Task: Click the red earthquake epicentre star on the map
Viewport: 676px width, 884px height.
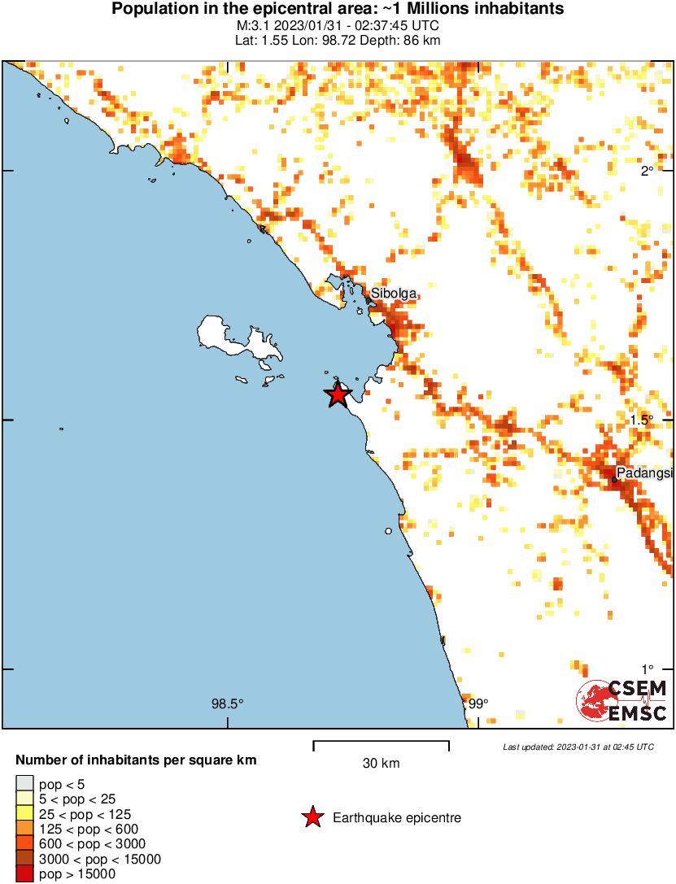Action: [x=338, y=394]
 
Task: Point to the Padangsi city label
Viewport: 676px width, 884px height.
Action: [x=644, y=472]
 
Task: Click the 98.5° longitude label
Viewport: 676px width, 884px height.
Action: [x=227, y=704]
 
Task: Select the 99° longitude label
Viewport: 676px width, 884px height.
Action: [x=478, y=704]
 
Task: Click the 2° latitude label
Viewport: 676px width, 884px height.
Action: [x=647, y=171]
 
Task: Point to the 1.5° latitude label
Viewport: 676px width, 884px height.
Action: [x=643, y=420]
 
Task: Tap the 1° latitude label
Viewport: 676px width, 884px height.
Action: [x=647, y=668]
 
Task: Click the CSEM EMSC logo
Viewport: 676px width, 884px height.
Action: [x=622, y=701]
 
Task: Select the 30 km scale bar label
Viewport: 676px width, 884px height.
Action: [x=381, y=764]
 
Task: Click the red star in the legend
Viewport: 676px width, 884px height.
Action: [x=312, y=817]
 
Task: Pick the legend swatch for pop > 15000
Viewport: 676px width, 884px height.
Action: [x=24, y=874]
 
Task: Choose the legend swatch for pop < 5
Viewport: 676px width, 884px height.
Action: [x=24, y=783]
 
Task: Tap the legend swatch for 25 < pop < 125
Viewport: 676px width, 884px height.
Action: [x=24, y=813]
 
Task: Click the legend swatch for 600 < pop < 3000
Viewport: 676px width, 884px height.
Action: [x=24, y=844]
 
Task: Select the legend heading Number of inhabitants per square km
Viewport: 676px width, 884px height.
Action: [x=137, y=761]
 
